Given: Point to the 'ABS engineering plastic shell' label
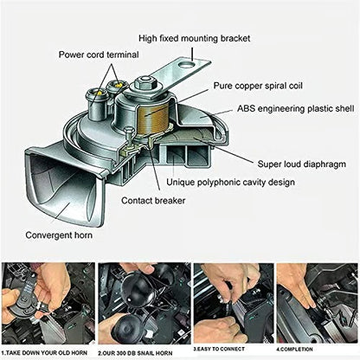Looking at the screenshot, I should tap(294, 110).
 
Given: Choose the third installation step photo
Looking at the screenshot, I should tap(227, 303).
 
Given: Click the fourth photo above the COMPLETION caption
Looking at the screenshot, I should tap(317, 303).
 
